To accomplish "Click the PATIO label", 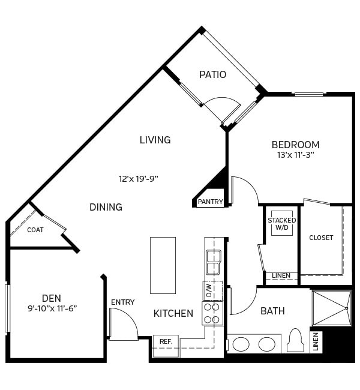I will pyautogui.click(x=213, y=74).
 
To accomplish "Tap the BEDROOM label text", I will pyautogui.click(x=295, y=145).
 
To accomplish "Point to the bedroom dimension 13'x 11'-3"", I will pyautogui.click(x=295, y=155).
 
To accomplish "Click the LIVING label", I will pyautogui.click(x=155, y=140).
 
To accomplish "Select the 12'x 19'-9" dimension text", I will pyautogui.click(x=138, y=178).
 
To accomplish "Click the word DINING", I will pyautogui.click(x=106, y=207).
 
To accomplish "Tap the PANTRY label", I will pyautogui.click(x=210, y=202).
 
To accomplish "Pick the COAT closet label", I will pyautogui.click(x=35, y=230).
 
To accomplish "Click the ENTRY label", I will pyautogui.click(x=122, y=302).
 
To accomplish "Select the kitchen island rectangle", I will pyautogui.click(x=163, y=265).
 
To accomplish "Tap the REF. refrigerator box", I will pyautogui.click(x=166, y=341).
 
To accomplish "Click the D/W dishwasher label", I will pyautogui.click(x=209, y=290).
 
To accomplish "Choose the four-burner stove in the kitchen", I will pyautogui.click(x=212, y=313).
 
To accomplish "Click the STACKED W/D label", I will pyautogui.click(x=281, y=224).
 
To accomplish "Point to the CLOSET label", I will pyautogui.click(x=321, y=238).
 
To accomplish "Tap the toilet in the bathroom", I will pyautogui.click(x=296, y=341).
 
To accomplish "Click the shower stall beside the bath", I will pyautogui.click(x=331, y=308).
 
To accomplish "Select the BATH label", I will pyautogui.click(x=272, y=311).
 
